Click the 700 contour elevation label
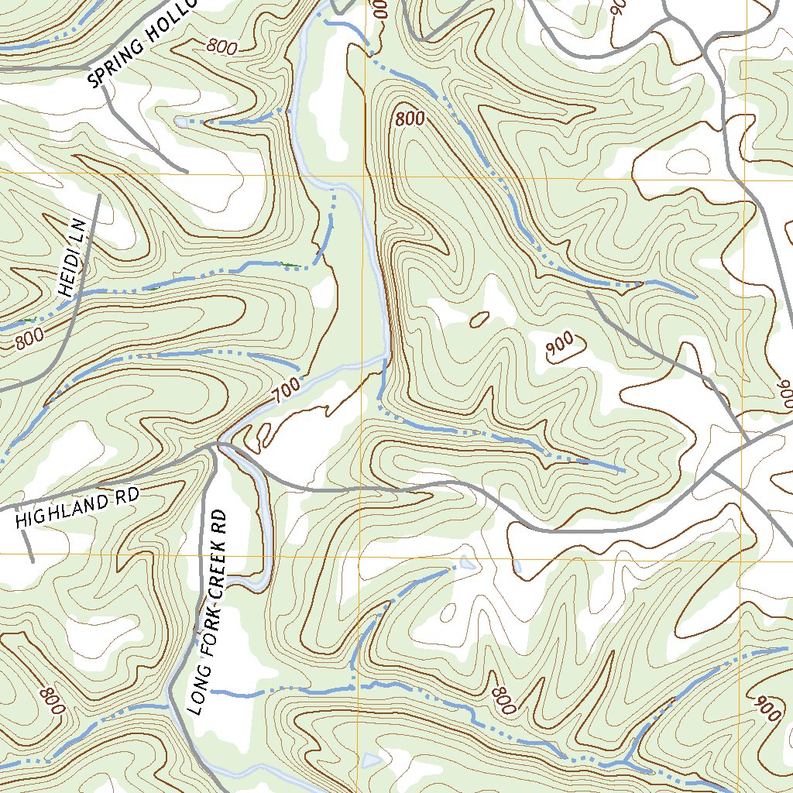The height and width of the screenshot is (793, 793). coord(285,394)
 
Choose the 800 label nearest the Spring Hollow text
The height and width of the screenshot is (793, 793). coord(222,46)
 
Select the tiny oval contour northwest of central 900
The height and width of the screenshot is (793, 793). coord(479,318)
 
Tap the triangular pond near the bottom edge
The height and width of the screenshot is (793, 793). coord(372,760)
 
